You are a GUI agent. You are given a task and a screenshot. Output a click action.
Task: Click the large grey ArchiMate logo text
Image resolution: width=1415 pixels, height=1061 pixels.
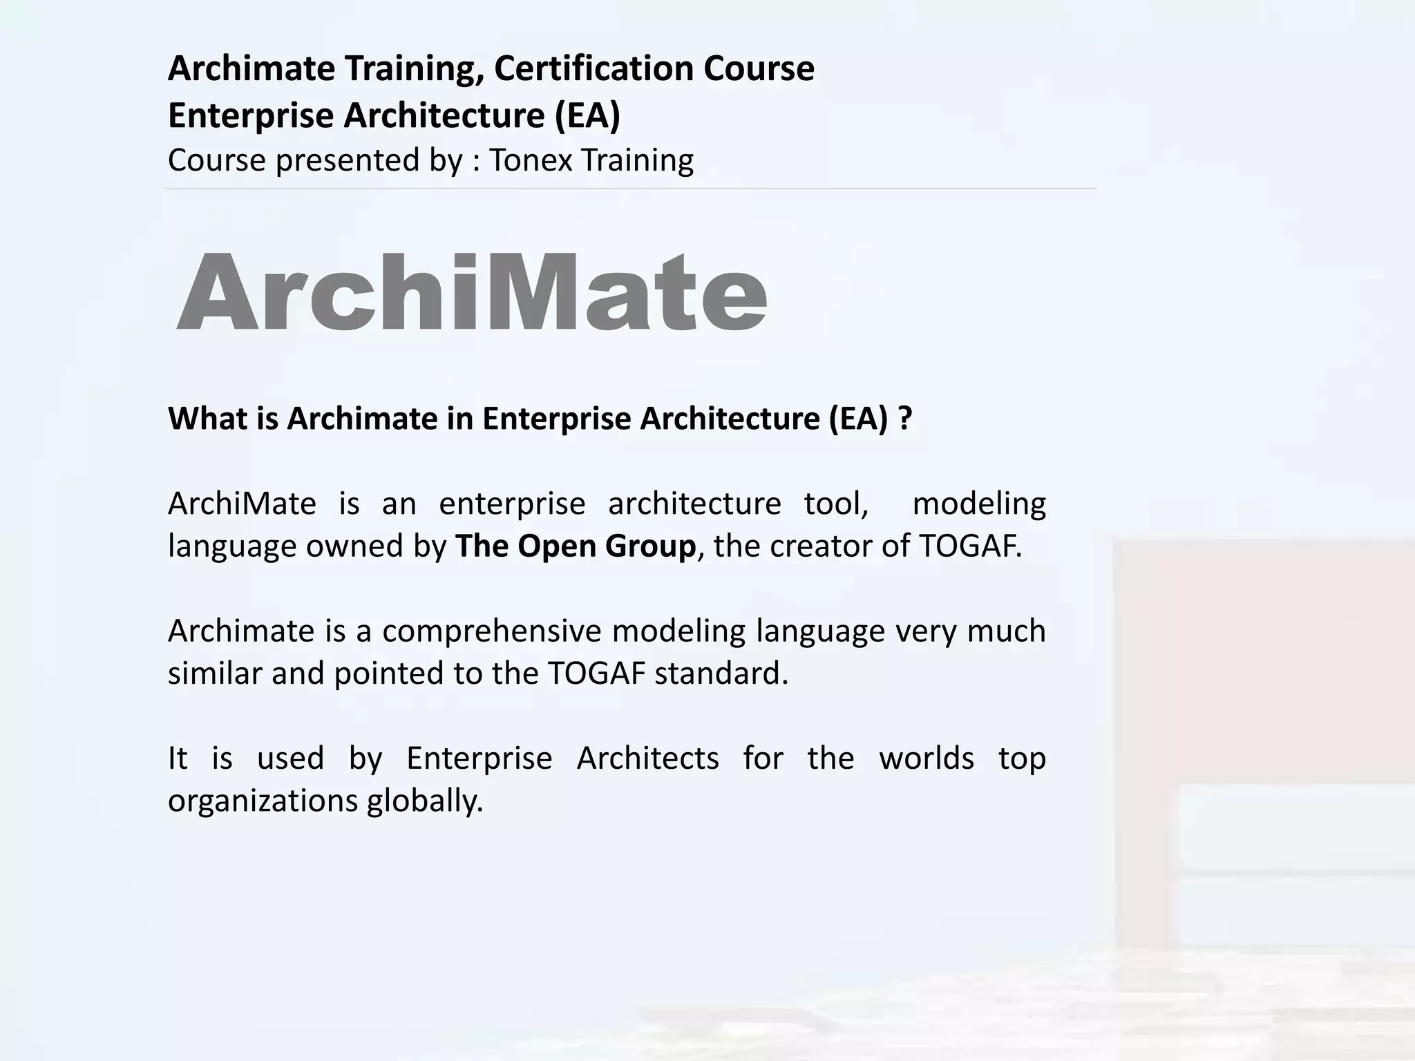(472, 293)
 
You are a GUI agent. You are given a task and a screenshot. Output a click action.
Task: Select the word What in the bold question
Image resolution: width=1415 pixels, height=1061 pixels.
(202, 419)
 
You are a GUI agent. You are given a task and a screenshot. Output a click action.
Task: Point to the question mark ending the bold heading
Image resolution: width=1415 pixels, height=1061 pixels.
(905, 419)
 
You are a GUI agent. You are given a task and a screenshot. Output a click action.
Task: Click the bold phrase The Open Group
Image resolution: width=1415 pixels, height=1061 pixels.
(575, 546)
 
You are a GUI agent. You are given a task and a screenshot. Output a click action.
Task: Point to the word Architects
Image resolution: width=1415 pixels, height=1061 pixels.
(647, 758)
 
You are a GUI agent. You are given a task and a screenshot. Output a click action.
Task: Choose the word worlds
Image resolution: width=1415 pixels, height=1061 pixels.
(926, 758)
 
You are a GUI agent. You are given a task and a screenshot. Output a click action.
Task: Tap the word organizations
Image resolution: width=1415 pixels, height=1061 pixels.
(263, 801)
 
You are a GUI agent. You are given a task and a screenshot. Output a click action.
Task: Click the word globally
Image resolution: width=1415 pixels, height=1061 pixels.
(425, 801)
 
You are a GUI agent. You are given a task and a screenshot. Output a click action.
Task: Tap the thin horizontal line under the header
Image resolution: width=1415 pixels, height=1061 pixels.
(630, 189)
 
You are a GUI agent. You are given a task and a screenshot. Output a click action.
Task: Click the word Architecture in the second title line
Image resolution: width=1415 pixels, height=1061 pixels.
(444, 115)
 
